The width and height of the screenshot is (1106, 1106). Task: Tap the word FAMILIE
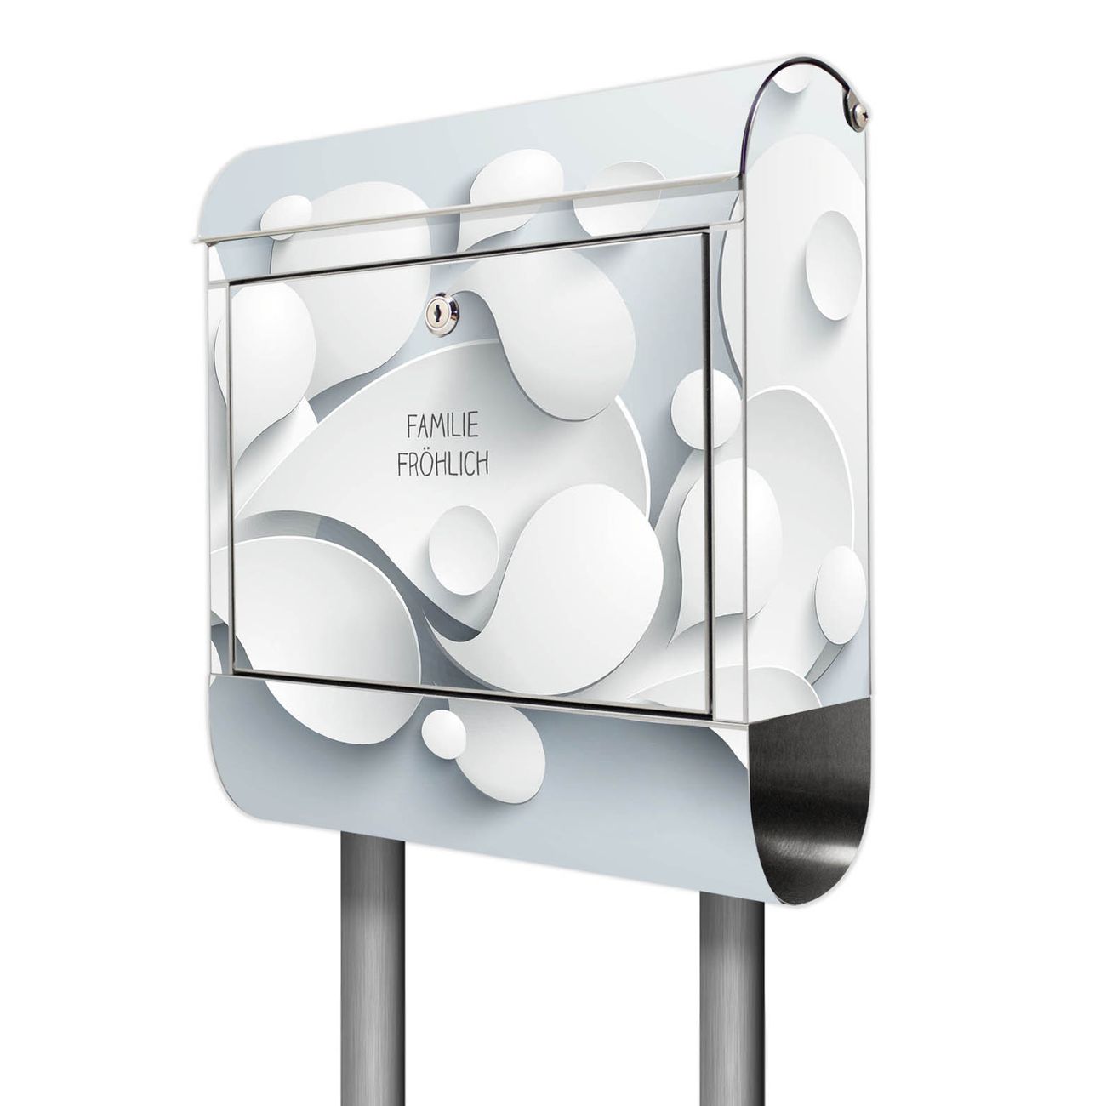click(442, 428)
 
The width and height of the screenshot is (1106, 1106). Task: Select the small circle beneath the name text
click(463, 542)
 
